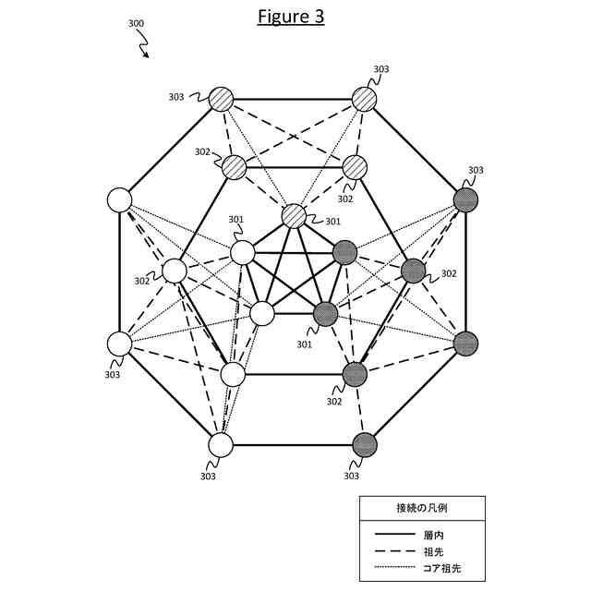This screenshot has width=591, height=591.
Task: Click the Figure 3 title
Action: (x=291, y=18)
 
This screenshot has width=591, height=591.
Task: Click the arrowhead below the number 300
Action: (x=146, y=55)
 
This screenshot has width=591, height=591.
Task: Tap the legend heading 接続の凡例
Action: (x=422, y=508)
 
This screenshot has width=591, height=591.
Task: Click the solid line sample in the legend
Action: (x=394, y=534)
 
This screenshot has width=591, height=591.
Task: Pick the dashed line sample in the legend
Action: (x=394, y=550)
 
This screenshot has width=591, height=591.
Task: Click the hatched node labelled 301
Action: (x=294, y=216)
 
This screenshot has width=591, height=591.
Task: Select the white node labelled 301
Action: (x=242, y=251)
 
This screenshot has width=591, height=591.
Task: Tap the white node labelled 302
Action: (x=175, y=271)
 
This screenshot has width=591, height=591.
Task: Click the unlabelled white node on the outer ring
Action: (x=119, y=199)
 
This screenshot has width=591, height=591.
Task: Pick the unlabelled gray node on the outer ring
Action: (x=466, y=344)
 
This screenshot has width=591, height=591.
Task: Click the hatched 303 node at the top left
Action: (x=221, y=98)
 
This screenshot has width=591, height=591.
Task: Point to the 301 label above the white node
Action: (x=235, y=221)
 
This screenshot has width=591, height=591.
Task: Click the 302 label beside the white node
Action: (x=142, y=281)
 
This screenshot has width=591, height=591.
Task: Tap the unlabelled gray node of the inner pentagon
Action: (x=344, y=251)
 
